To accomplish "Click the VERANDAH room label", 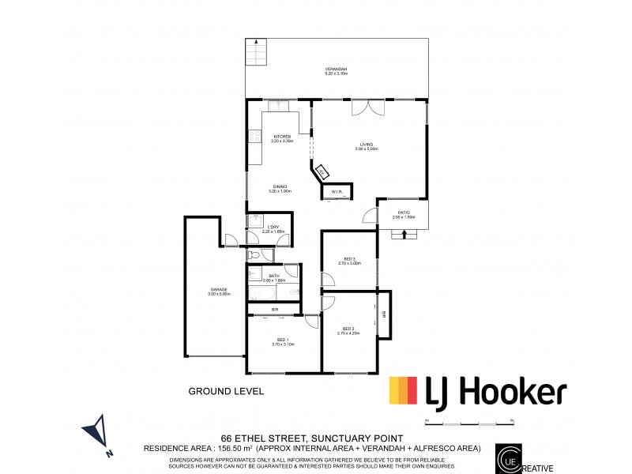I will click(336, 70).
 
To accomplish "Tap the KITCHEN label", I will click(282, 137).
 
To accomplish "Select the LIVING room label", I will click(367, 145).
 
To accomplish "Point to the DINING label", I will click(280, 186).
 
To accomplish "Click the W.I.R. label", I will click(335, 191).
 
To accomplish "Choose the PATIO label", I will click(403, 213).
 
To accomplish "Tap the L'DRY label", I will click(273, 228).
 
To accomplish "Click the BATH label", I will click(273, 276).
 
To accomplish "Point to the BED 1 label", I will click(282, 340).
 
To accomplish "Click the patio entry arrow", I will click(404, 233).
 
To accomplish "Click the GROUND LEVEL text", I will click(225, 391).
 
